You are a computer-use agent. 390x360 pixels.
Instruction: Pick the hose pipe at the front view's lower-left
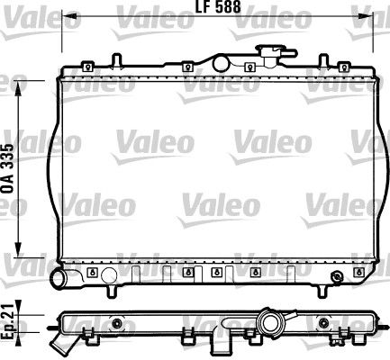click(x=65, y=280)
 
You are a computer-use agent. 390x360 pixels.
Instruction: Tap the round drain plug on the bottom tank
click(x=336, y=274)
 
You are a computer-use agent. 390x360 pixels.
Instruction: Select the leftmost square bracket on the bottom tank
click(x=93, y=271)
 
